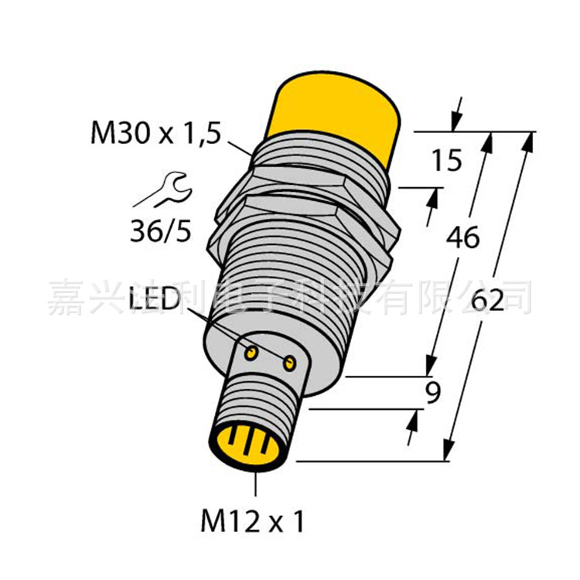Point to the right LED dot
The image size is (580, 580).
289,363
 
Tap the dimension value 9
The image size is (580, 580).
433,394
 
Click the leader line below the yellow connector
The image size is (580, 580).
254,483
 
